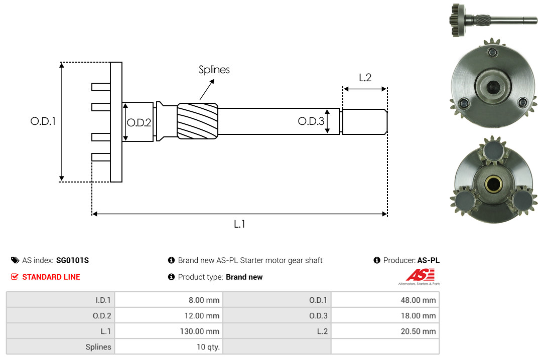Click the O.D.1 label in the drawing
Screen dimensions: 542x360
(x=43, y=121)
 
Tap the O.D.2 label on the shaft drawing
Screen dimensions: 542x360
(x=139, y=123)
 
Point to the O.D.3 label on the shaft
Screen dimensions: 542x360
(x=311, y=121)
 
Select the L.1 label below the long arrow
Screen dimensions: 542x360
(x=239, y=224)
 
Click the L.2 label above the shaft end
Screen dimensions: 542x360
(x=365, y=78)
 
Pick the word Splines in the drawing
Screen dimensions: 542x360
(x=214, y=70)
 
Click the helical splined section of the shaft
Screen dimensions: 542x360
(x=197, y=121)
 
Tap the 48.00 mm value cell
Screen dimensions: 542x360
(x=385, y=300)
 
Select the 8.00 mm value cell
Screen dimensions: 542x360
(x=169, y=300)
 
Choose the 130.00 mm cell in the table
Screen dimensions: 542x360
(x=169, y=331)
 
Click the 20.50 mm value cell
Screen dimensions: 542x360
(x=385, y=331)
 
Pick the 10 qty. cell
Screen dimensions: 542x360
(x=169, y=346)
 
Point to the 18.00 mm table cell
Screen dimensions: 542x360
(x=385, y=315)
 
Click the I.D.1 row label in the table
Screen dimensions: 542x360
(x=103, y=300)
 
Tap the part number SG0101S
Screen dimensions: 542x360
(x=72, y=260)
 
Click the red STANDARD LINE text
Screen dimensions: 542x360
(x=51, y=277)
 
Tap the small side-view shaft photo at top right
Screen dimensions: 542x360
(x=493, y=20)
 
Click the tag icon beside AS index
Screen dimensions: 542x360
(x=15, y=260)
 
